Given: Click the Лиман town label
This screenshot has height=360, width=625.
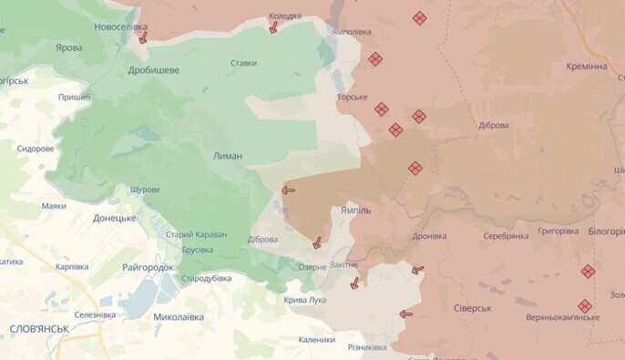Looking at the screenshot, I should click(x=228, y=156).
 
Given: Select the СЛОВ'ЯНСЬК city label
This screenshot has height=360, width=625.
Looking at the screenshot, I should click(x=36, y=328).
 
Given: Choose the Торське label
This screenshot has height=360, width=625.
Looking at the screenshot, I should click(x=352, y=97).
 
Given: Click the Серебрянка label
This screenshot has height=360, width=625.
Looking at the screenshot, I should click(x=506, y=236).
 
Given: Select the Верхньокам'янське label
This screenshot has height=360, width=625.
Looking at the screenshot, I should click(x=562, y=317).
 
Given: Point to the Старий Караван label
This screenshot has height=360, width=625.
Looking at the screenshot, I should click(x=196, y=234).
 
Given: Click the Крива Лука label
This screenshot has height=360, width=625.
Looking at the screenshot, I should click(x=305, y=300).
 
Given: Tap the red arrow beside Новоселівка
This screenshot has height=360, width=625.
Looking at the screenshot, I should click(x=143, y=38).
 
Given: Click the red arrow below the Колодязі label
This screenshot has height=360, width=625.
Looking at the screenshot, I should click(x=272, y=28).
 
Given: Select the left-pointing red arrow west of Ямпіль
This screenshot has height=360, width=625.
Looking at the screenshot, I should click(x=288, y=190).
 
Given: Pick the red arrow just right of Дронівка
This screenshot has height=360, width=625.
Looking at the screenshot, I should click(x=417, y=270).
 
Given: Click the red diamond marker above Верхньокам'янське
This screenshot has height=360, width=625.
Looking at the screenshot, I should click(x=588, y=272).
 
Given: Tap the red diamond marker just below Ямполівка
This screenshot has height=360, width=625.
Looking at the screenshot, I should click(x=375, y=59).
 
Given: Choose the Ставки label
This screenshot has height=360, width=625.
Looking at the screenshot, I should click(x=243, y=63).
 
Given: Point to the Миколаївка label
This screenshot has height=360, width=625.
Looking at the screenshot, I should click(x=179, y=317).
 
